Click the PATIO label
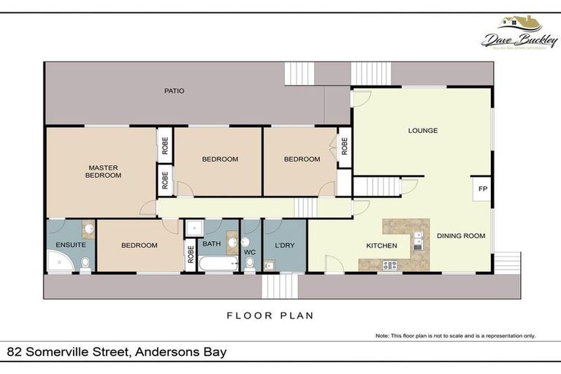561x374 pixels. (174, 91)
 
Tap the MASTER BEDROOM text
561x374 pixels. (102, 172)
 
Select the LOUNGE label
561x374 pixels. (423, 131)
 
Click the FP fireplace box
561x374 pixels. (481, 189)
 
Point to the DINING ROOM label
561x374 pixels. (461, 236)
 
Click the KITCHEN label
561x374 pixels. (381, 245)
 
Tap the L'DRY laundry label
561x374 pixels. (284, 245)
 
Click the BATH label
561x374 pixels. (211, 243)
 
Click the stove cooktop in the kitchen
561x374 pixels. (389, 265)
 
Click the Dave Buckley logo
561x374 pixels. (519, 34)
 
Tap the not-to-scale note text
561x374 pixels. (455, 336)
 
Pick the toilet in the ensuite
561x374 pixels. (85, 262)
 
